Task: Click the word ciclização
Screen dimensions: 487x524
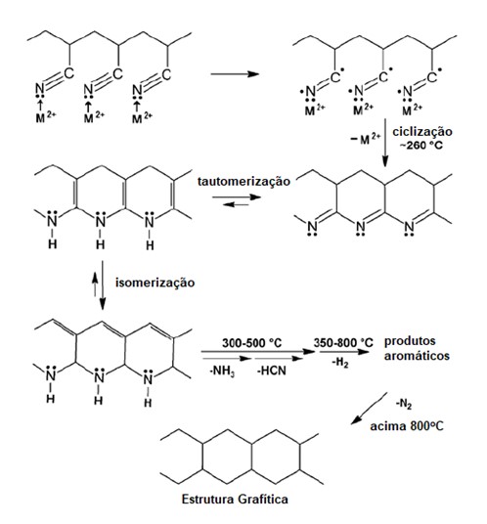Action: (422, 132)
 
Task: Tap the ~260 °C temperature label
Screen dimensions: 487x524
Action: (421, 146)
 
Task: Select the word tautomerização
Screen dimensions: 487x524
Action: (244, 182)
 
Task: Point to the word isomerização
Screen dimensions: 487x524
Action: (155, 283)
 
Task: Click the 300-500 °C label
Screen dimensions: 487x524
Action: (252, 343)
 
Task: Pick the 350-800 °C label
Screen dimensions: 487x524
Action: (343, 343)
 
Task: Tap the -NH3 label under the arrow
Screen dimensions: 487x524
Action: (222, 371)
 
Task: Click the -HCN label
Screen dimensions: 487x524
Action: (272, 371)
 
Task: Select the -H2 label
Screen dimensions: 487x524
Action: (340, 363)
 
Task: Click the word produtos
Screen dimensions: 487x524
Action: (410, 341)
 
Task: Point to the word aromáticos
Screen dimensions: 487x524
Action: (417, 356)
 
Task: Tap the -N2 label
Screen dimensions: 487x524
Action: (404, 405)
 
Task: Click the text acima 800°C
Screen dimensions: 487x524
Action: (407, 426)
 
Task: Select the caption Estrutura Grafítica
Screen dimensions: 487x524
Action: (235, 500)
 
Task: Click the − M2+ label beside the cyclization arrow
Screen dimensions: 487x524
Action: (366, 139)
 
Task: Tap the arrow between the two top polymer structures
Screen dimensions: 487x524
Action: (235, 74)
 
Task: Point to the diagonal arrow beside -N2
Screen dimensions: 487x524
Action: (369, 409)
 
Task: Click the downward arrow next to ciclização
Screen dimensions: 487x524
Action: (385, 143)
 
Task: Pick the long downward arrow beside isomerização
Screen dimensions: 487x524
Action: (103, 285)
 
